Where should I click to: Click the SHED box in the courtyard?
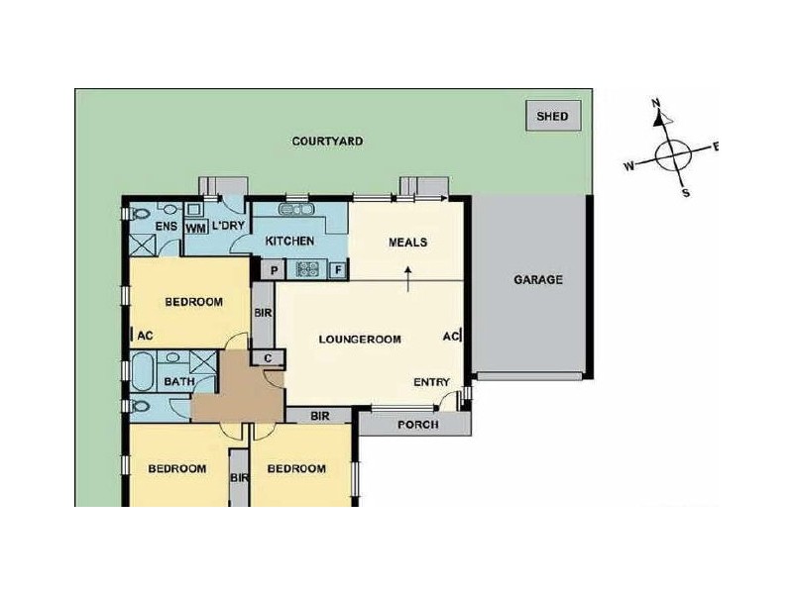tap(553, 116)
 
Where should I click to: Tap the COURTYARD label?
tap(327, 141)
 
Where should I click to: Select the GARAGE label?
tap(538, 279)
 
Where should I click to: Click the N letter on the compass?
tap(656, 104)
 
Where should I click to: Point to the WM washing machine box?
tap(195, 228)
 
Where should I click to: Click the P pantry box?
tap(274, 270)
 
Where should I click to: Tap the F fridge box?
tap(338, 270)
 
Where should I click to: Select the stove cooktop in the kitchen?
tap(307, 268)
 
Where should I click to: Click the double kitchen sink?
tap(296, 209)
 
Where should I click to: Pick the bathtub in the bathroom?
tap(143, 372)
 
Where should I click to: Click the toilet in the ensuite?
tap(138, 214)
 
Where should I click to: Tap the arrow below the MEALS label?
tap(408, 279)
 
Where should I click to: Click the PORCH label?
tap(417, 425)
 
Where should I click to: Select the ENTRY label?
tap(431, 382)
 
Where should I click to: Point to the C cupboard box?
tap(268, 358)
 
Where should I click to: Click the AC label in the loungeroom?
tap(451, 336)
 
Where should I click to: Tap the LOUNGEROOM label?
tap(360, 339)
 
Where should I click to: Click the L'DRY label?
tap(228, 226)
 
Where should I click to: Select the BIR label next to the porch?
tap(319, 416)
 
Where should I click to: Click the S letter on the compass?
tap(686, 193)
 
